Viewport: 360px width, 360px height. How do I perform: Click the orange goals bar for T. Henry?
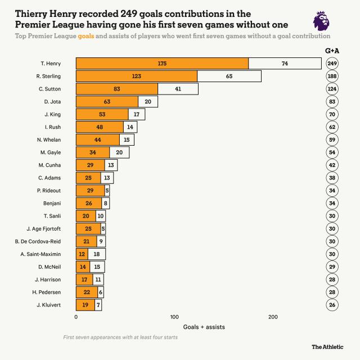[162, 64]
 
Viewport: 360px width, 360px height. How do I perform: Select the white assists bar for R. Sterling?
[229, 76]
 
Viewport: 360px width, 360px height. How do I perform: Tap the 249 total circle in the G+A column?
[332, 64]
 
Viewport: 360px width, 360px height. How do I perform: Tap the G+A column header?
[332, 51]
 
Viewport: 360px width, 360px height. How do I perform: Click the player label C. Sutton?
[49, 89]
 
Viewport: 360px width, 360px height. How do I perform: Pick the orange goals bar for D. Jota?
[107, 102]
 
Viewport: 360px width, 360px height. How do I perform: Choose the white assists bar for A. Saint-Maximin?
[97, 254]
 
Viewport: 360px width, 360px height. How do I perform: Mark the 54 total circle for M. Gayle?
[332, 152]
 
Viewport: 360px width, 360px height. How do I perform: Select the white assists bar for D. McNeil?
[97, 267]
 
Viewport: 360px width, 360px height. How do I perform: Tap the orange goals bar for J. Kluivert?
[85, 305]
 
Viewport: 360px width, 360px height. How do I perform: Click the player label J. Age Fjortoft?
[43, 229]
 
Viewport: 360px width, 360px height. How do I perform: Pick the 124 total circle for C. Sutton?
[332, 89]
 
